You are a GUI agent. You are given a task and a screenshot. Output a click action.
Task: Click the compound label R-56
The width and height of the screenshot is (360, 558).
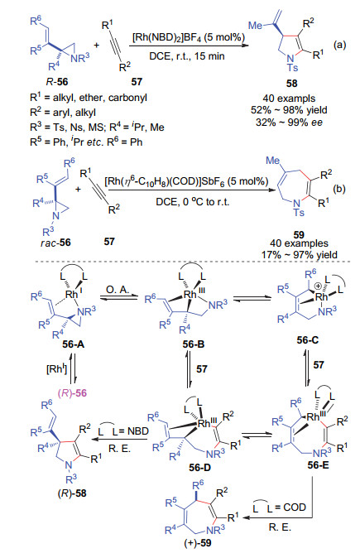(x=57, y=82)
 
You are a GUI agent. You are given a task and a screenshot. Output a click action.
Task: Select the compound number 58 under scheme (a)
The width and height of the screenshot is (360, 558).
(x=291, y=84)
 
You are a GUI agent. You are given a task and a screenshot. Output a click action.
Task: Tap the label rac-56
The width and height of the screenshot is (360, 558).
(x=55, y=243)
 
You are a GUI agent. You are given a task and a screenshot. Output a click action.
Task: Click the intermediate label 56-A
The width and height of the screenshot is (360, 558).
(x=74, y=344)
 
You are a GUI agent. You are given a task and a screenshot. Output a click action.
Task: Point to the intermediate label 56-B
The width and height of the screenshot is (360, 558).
(x=194, y=344)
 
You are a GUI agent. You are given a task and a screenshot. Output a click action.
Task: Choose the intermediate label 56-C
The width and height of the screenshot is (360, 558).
(x=308, y=340)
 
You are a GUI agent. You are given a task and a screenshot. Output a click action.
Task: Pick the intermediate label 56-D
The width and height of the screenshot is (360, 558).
(x=200, y=467)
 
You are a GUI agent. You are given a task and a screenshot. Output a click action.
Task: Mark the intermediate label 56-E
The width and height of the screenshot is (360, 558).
(x=318, y=464)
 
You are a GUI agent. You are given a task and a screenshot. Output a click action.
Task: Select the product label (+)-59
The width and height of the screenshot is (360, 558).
(x=198, y=543)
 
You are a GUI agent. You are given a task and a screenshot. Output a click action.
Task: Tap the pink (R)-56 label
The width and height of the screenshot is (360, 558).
(x=72, y=393)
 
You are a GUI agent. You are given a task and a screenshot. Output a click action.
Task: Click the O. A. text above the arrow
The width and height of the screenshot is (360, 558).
(x=118, y=290)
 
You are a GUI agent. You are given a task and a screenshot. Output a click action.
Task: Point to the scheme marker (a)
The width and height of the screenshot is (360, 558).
(x=339, y=45)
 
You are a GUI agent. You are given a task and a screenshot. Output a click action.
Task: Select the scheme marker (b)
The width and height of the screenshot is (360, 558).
(x=339, y=189)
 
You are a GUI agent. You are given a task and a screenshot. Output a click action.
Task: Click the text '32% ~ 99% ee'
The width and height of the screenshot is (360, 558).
(x=289, y=123)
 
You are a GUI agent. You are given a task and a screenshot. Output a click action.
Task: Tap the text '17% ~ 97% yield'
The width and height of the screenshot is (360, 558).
(x=299, y=255)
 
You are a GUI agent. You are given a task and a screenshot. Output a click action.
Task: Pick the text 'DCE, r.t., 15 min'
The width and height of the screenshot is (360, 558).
(x=187, y=55)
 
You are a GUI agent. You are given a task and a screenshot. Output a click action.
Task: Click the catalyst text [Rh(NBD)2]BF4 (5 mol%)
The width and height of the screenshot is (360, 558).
(x=189, y=37)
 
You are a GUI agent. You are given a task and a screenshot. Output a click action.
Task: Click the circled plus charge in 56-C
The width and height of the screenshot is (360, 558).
(x=319, y=286)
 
